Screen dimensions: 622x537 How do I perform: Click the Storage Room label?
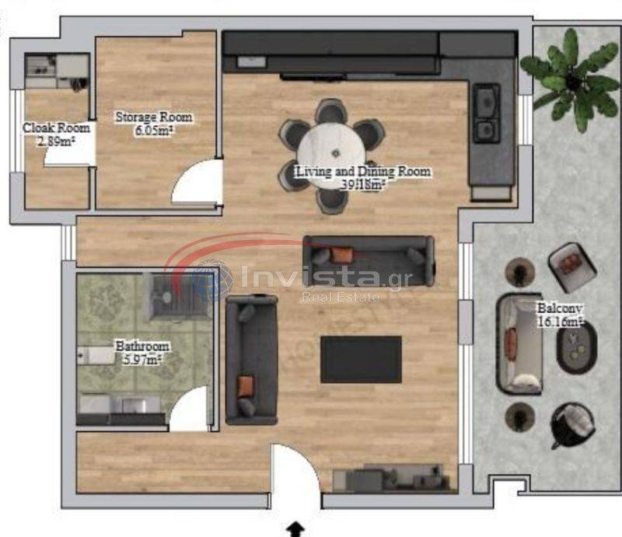coord(153,117)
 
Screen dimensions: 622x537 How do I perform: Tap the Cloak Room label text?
coord(56,127)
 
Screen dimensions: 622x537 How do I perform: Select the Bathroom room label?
coord(142,346)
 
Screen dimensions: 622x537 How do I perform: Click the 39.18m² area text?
coord(364,184)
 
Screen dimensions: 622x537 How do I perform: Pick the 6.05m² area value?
coord(153,130)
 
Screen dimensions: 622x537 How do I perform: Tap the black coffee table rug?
coord(361,360)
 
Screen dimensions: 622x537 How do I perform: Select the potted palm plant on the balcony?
coord(571,79)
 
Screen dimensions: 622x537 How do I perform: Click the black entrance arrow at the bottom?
coord(295,529)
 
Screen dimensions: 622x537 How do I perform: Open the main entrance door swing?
coord(295,476)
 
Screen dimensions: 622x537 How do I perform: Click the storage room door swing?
coord(197,183)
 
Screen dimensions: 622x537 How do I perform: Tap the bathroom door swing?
coord(189,410)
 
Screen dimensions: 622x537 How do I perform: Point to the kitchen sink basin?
coord(487,101)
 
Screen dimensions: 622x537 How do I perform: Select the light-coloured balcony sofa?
coord(519,343)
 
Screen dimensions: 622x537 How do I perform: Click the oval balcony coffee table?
coord(576,348)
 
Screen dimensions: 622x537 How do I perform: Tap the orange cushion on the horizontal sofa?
coord(342,255)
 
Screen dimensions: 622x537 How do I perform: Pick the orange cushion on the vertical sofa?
coord(245,387)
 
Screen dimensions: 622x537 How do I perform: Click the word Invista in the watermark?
coord(309,275)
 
